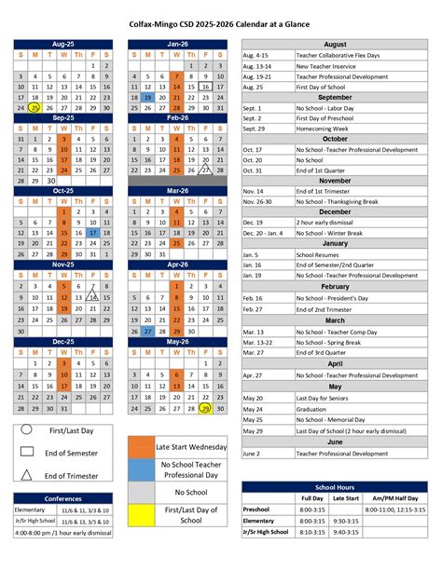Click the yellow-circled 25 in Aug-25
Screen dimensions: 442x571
[35, 108]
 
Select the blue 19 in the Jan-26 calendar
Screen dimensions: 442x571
[148, 97]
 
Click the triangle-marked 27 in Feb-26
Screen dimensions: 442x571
[205, 170]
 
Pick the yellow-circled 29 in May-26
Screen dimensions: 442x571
[205, 408]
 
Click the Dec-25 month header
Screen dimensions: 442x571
[63, 342]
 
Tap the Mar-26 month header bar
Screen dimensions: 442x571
[177, 190]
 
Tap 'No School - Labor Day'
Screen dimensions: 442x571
[329, 107]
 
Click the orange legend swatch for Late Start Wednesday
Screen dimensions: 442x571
[140, 446]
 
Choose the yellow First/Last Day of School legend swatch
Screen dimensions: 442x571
[140, 515]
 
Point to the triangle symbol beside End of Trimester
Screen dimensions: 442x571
[26, 475]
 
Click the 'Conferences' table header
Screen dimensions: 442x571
[63, 498]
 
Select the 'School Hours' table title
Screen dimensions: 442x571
[335, 487]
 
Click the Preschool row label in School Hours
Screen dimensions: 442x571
[256, 510]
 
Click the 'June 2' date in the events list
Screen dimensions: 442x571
[252, 454]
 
